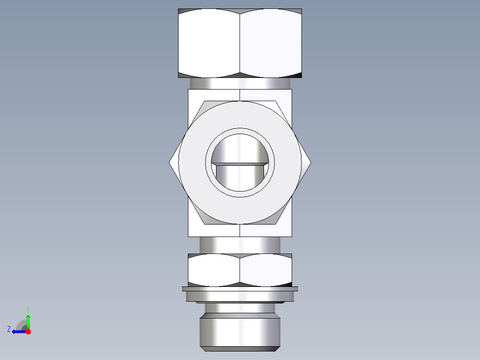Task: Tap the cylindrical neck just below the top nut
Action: (x=240, y=83)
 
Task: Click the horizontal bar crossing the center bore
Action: (x=240, y=164)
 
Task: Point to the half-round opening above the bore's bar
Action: (x=240, y=149)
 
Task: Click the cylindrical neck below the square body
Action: (x=240, y=245)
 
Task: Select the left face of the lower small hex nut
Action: (x=214, y=270)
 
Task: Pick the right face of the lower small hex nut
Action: (x=266, y=270)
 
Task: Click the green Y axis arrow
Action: (x=28, y=321)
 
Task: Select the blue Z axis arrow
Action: (x=18, y=331)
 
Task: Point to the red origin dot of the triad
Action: (x=28, y=331)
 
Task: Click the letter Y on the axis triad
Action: (x=28, y=309)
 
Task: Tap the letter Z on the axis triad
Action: (x=8, y=329)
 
